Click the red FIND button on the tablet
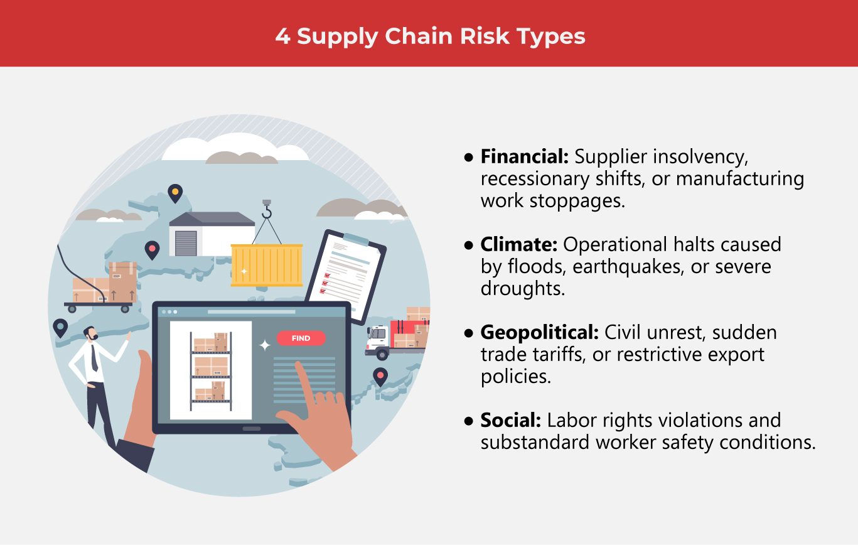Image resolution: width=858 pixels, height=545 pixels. [301, 338]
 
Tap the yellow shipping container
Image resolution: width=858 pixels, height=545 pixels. [267, 265]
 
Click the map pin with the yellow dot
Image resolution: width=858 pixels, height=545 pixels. [175, 192]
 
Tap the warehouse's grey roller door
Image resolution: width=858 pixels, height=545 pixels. [186, 243]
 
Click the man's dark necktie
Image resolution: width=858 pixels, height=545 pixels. [94, 357]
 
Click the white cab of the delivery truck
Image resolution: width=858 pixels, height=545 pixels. [377, 339]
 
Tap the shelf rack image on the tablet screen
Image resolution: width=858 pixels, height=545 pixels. [211, 370]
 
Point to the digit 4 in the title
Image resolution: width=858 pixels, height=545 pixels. [282, 36]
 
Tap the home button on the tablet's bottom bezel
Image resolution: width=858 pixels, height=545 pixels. [252, 429]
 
